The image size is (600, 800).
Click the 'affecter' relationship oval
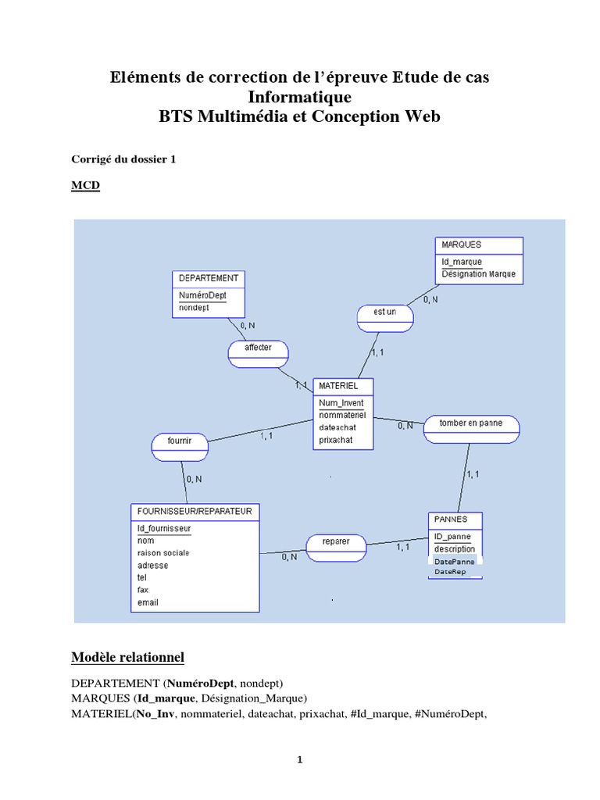pyautogui.click(x=259, y=353)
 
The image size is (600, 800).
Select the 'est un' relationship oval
pyautogui.click(x=385, y=316)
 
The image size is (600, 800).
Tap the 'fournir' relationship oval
pyautogui.click(x=179, y=445)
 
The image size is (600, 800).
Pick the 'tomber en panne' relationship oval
pyautogui.click(x=471, y=427)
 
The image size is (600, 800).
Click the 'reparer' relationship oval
pyautogui.click(x=335, y=547)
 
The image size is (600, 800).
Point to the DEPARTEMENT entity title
pyautogui.click(x=209, y=278)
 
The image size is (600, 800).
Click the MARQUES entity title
pyautogui.click(x=462, y=245)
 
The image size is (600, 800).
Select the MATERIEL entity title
pyautogui.click(x=339, y=386)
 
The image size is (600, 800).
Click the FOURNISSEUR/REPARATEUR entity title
pyautogui.click(x=195, y=512)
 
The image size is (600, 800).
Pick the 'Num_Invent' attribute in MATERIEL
pyautogui.click(x=341, y=403)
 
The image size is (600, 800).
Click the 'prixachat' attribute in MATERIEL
pyautogui.click(x=336, y=440)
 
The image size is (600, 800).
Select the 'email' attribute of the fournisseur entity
pyautogui.click(x=148, y=602)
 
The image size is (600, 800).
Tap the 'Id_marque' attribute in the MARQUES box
pyautogui.click(x=462, y=262)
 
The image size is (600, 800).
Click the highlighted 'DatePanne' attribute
pyautogui.click(x=455, y=561)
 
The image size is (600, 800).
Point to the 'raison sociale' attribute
pyautogui.click(x=163, y=552)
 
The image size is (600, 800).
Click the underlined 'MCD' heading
pyautogui.click(x=85, y=185)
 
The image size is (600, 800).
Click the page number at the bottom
pyautogui.click(x=300, y=762)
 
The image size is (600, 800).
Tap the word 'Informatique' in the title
pyautogui.click(x=300, y=97)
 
